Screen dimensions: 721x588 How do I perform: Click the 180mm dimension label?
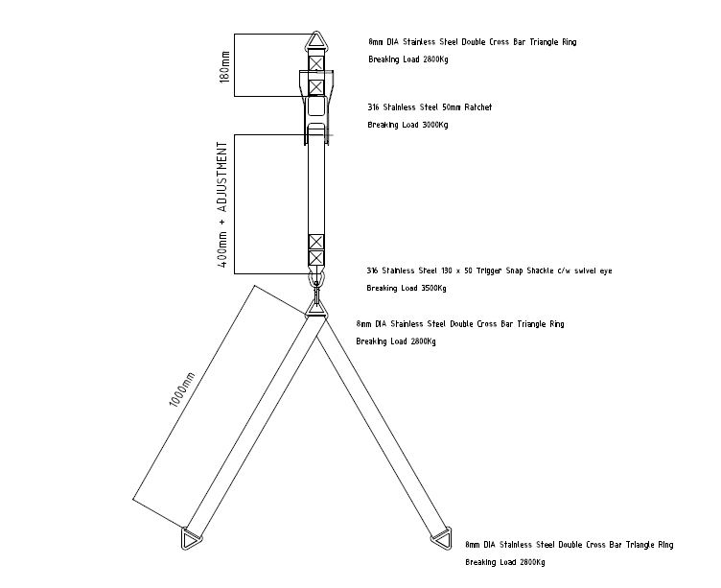pos(225,67)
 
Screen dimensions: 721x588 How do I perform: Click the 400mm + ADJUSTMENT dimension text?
pos(222,205)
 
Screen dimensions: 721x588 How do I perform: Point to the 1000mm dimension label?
pos(182,389)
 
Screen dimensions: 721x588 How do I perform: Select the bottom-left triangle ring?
pos(190,538)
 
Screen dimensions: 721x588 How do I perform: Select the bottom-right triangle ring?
pos(442,537)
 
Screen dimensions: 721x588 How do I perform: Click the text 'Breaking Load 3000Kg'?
pos(407,125)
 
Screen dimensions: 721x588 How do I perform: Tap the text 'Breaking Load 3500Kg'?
pos(407,288)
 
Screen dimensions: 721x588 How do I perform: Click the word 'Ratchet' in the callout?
pos(477,107)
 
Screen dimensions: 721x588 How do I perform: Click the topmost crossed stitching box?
pos(315,63)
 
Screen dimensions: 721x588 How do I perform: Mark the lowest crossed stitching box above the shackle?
pos(315,258)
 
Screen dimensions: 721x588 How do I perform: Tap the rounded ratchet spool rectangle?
pos(315,106)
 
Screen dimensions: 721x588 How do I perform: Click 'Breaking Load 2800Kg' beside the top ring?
pos(408,59)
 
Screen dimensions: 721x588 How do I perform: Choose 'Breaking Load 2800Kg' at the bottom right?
pos(505,562)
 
